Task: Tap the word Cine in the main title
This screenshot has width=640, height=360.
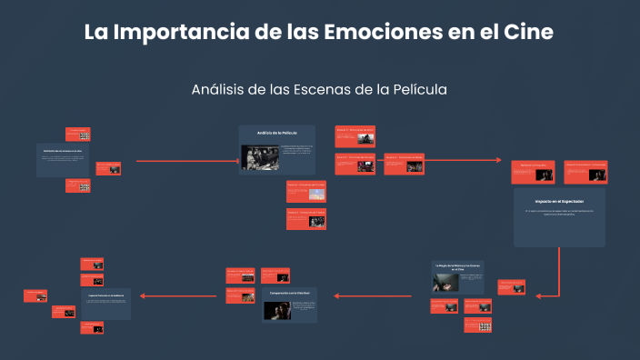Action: click(x=528, y=32)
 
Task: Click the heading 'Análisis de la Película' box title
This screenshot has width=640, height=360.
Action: click(x=276, y=134)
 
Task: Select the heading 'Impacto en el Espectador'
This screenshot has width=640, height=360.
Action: click(x=558, y=200)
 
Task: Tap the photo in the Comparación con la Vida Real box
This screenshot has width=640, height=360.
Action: click(x=276, y=310)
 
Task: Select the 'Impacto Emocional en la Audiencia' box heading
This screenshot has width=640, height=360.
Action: click(x=105, y=296)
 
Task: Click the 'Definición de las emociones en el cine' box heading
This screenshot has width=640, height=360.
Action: click(x=63, y=151)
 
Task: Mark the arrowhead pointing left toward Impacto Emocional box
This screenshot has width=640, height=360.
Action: click(x=139, y=295)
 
